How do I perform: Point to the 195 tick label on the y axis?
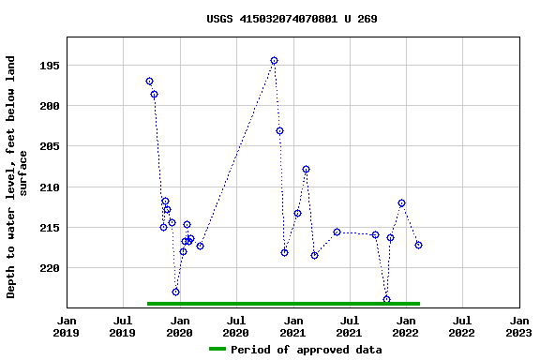49,66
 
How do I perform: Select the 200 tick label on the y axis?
49,106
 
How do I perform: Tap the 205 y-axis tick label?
49,146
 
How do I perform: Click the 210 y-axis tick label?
49,187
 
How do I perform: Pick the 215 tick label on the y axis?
49,228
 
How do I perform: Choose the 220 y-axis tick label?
49,268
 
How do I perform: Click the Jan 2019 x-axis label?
67,326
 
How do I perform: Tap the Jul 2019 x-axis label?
123,326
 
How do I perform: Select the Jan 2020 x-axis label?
179,326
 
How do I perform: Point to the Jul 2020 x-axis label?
235,326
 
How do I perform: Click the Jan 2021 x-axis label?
292,326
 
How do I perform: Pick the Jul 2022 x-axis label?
461,326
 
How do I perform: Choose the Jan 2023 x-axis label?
518,326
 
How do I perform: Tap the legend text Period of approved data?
306,350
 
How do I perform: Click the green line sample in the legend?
217,350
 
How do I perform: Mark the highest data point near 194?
274,61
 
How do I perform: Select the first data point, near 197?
149,82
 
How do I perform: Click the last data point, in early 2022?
418,245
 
